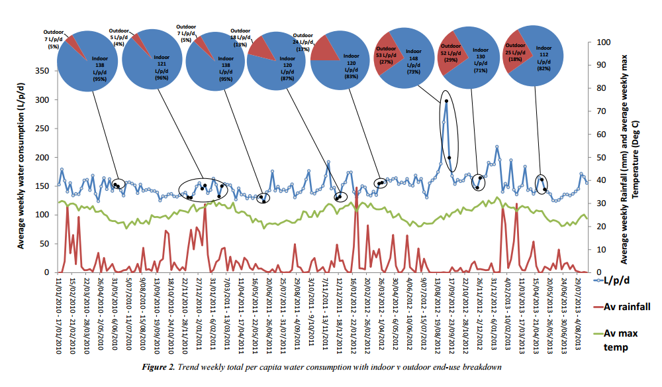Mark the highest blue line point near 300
coord(446,101)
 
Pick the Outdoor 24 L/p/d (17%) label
coord(303,42)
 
